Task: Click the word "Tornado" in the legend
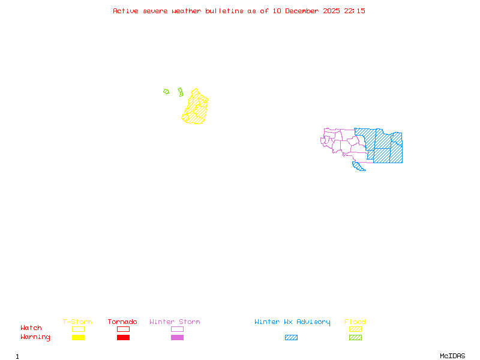122,322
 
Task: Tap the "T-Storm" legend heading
77,322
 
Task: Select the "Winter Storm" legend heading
175,322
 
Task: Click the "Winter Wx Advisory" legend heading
292,322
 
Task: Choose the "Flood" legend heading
355,322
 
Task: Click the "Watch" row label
31,328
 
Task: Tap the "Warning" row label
35,337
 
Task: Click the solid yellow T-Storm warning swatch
78,338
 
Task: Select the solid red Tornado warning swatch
123,338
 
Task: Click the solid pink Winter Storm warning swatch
177,338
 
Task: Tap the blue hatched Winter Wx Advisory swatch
291,338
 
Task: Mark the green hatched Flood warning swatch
355,338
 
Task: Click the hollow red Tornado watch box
123,329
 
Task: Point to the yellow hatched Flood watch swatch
355,329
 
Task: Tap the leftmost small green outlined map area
166,92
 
